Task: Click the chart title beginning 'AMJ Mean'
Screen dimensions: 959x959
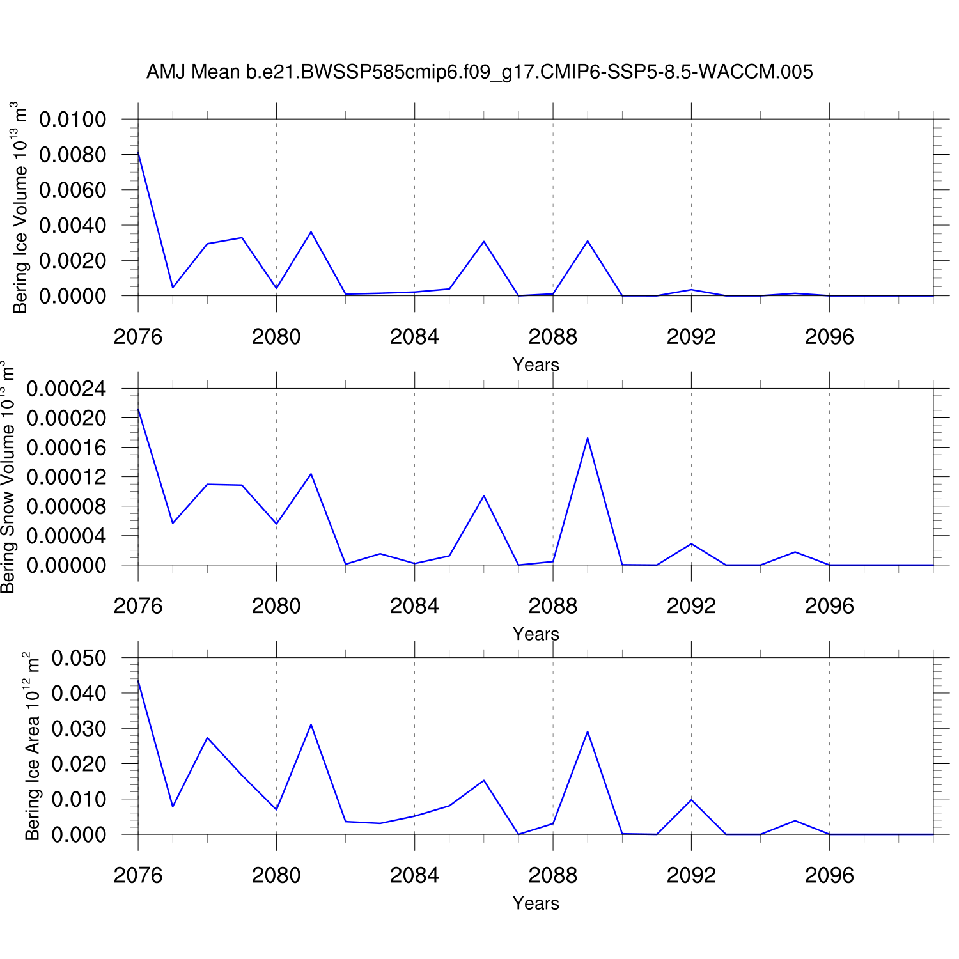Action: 479,72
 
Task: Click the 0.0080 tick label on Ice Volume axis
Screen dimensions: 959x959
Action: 72,155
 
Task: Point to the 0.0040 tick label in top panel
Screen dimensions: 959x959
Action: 72,226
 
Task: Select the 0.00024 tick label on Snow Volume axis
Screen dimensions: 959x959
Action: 66,389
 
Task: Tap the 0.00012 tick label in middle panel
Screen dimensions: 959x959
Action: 66,477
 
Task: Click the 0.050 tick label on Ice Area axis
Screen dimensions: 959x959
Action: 79,658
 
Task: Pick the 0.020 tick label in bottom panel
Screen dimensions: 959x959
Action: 79,764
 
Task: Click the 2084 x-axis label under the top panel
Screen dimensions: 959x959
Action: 414,337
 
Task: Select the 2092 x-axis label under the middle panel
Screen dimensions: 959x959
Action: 691,606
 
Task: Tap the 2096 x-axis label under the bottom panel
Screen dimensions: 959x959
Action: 829,875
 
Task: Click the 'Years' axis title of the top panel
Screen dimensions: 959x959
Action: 536,365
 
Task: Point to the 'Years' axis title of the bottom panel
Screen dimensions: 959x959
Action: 536,903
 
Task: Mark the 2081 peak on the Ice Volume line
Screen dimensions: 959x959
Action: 311,232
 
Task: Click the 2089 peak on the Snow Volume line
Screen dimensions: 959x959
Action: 588,439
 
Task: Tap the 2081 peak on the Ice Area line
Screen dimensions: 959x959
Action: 311,724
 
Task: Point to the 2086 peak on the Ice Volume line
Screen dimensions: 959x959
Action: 484,242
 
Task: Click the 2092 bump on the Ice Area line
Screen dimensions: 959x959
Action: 691,800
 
